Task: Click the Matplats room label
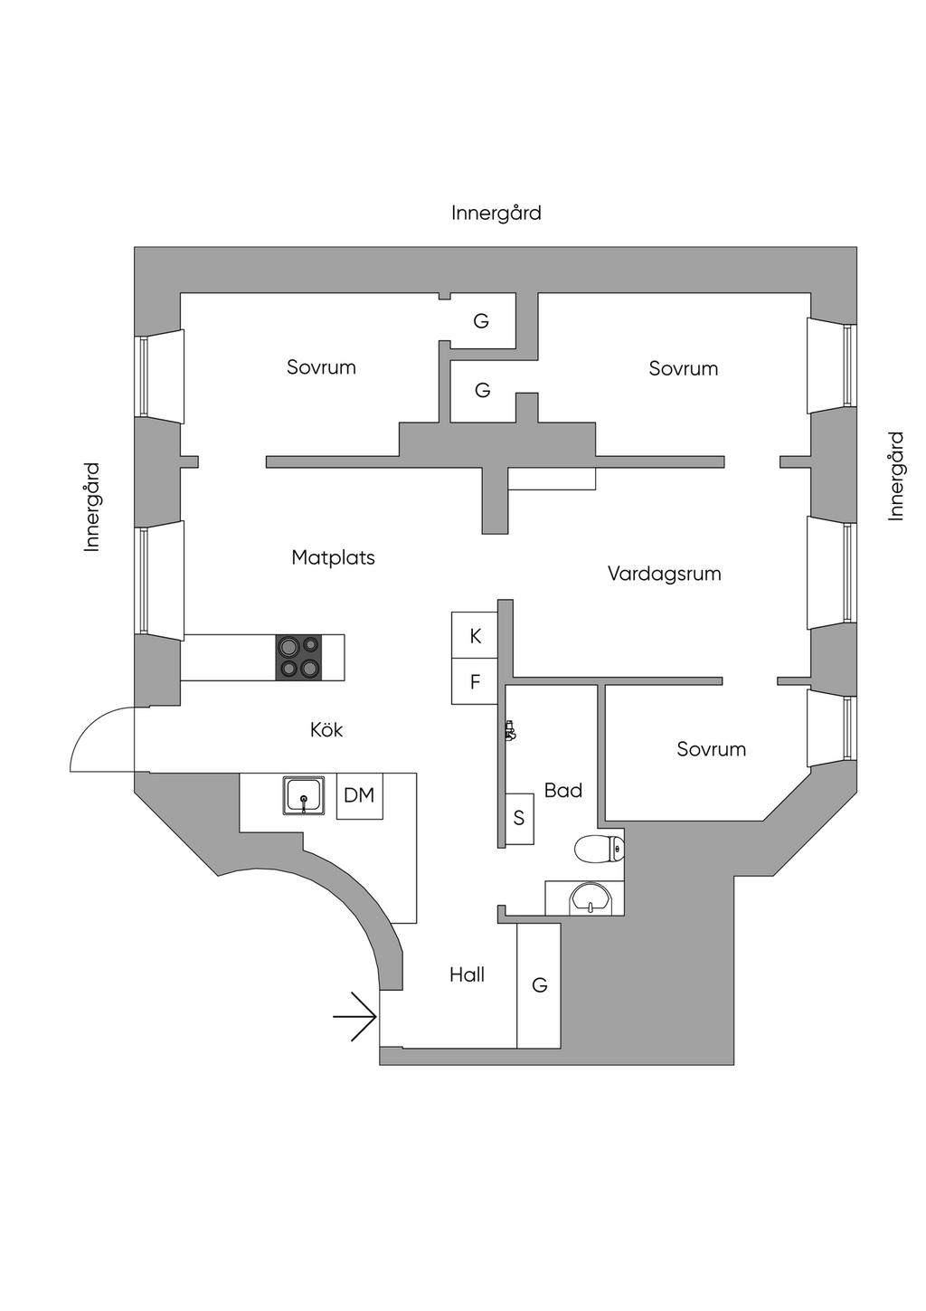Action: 333,557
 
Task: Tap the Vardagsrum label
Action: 664,574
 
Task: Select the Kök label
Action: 326,729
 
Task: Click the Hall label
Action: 467,974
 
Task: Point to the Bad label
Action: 562,791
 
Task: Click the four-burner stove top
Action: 299,657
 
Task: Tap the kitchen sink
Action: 304,795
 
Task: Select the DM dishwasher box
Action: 359,795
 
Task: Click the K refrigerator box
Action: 475,636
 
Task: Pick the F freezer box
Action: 475,682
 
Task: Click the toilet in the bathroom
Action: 599,849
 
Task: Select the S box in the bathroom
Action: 519,818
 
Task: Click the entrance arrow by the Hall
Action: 355,1017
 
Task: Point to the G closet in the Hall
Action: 539,985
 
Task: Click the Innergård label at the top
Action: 496,213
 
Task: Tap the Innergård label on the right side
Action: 895,476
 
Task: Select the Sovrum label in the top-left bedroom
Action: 321,367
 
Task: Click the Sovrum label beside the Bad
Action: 712,749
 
